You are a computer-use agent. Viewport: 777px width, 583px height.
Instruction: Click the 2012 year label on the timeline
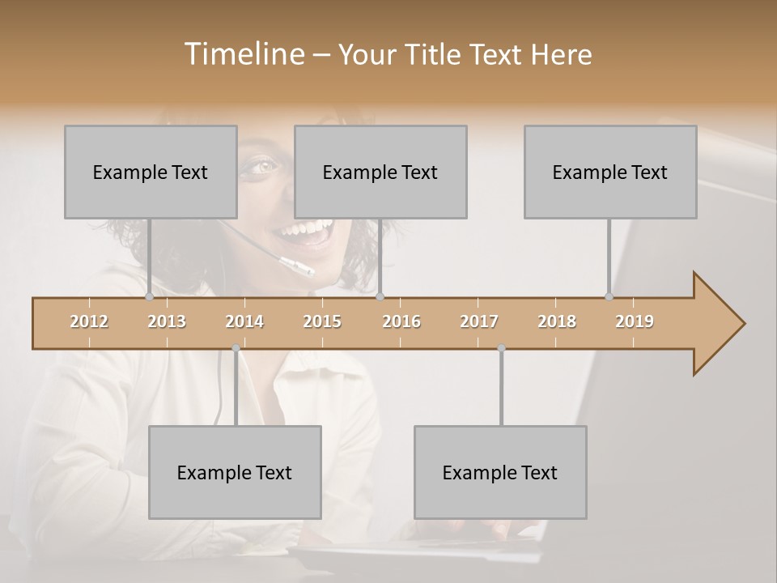[x=89, y=321]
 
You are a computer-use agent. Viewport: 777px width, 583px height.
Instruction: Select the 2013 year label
[x=167, y=321]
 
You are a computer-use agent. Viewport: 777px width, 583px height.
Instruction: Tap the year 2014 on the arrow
[x=244, y=321]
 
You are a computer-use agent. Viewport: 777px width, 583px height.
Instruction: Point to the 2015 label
[x=322, y=321]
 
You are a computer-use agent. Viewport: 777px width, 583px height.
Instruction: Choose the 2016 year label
[x=401, y=321]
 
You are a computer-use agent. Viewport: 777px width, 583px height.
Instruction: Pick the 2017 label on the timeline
[x=479, y=321]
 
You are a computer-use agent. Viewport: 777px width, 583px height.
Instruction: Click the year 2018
[x=557, y=321]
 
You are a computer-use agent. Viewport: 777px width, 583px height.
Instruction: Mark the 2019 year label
[x=635, y=321]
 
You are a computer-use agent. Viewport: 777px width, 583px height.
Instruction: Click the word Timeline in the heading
[x=243, y=54]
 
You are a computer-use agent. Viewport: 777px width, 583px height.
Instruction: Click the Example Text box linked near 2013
[x=151, y=172]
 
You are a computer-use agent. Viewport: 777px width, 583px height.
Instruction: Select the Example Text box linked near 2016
[x=380, y=172]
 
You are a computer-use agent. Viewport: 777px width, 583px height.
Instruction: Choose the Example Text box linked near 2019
[x=610, y=172]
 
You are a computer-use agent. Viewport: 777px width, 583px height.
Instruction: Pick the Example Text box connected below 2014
[x=235, y=472]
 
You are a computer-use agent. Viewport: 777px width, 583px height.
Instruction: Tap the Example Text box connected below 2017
[x=500, y=472]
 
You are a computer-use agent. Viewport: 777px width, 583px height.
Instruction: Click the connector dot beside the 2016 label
[x=380, y=297]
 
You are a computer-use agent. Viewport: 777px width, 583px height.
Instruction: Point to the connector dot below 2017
[x=501, y=348]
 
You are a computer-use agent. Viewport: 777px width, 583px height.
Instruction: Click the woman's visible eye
[x=264, y=166]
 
